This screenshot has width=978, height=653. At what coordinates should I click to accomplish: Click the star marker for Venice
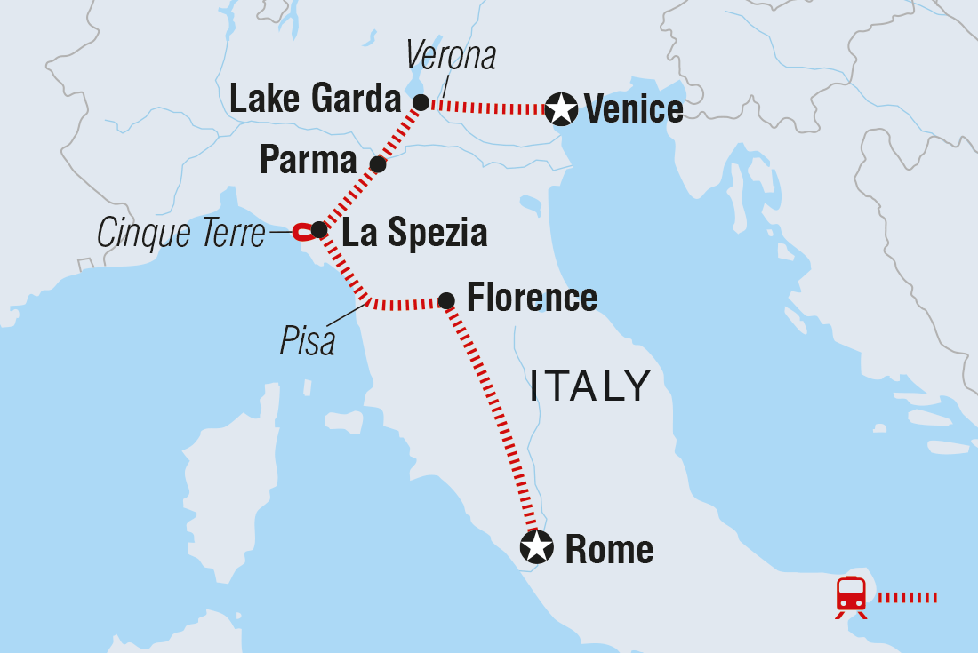coord(561,109)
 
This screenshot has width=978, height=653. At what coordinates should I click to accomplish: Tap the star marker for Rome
coord(536,547)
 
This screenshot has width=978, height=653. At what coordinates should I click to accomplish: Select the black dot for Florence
coord(446,301)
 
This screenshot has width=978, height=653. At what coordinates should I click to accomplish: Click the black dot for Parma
coord(378,164)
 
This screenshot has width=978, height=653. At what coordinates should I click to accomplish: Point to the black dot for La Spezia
coord(318,229)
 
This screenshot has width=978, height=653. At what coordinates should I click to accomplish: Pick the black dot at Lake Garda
coord(421,102)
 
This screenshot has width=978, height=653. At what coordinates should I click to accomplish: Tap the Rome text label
coord(609,550)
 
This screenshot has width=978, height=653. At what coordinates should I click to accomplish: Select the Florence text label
coord(532,298)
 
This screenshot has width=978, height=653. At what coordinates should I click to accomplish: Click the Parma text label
coord(308,161)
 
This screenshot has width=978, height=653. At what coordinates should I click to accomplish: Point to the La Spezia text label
coord(414,233)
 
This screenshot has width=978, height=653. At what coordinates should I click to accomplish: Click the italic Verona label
coord(450,56)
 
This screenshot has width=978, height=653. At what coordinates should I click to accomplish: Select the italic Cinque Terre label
coord(182,235)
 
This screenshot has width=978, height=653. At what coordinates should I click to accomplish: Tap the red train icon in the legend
coord(851,594)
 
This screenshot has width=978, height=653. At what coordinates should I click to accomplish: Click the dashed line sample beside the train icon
coord(907,597)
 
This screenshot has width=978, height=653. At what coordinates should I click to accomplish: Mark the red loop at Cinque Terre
coord(302,231)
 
